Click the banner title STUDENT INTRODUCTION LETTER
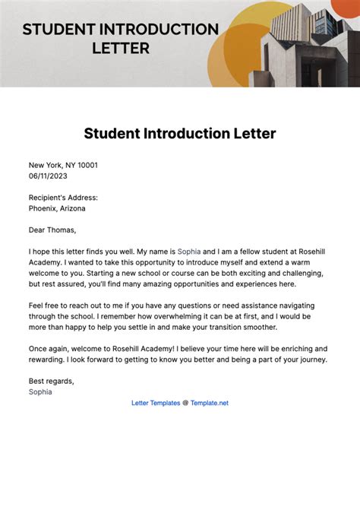(120, 38)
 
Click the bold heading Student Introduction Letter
(180, 134)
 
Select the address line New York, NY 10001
(63, 165)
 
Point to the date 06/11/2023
(49, 176)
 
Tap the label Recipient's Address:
(63, 197)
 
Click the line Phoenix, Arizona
(57, 207)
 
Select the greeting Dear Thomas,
(52, 229)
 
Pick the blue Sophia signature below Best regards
(41, 391)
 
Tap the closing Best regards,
(52, 381)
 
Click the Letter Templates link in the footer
(156, 403)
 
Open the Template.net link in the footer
(210, 403)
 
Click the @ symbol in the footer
(185, 403)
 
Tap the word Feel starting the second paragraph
(37, 304)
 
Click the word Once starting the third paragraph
(39, 348)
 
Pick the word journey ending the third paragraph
(308, 359)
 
